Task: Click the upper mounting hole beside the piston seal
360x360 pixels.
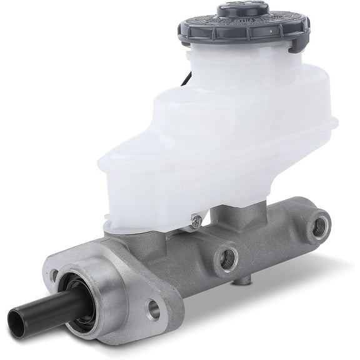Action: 54,274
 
